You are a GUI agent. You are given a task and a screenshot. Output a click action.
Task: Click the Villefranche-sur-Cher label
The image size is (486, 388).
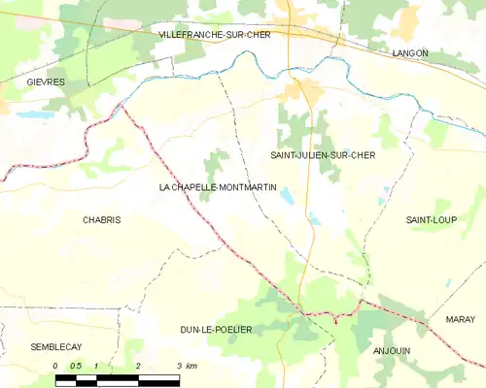tap(217, 34)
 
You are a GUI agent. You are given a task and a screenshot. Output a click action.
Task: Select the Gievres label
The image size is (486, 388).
tap(46, 82)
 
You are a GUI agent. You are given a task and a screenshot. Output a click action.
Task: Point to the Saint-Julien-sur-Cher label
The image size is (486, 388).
tap(323, 155)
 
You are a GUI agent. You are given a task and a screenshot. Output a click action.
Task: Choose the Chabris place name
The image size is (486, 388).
tap(101, 220)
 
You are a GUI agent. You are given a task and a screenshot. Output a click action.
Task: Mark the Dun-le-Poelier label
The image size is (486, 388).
tap(216, 330)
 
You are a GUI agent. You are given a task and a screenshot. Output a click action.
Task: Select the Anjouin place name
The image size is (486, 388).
tap(393, 351)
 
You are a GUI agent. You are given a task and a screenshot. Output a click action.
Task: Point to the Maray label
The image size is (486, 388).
tap(461, 319)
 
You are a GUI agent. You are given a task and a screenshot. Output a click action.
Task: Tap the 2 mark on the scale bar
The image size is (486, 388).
tap(138, 366)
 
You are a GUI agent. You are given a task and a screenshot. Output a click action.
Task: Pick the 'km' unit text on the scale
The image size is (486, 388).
tap(191, 366)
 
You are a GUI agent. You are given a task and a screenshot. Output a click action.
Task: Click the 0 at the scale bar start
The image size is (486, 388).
tap(56, 366)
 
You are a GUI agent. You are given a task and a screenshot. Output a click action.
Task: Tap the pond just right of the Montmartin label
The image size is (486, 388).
tap(289, 197)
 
